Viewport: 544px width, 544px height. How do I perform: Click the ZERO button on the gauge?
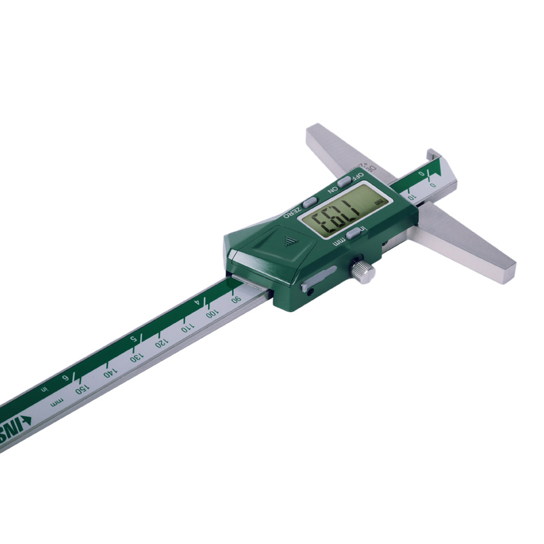tap(310, 202)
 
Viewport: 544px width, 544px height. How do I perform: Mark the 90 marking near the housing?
tap(236, 299)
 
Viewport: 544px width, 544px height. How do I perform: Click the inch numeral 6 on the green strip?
tap(66, 378)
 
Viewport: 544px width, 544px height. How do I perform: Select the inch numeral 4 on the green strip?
tap(197, 301)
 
